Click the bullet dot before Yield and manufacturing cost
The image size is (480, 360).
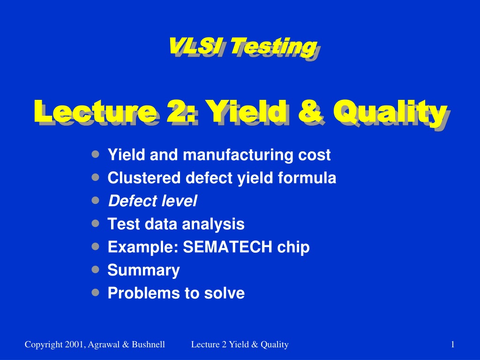pos(96,154)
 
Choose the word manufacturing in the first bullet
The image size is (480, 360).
pos(238,155)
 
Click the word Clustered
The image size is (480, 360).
pos(144,178)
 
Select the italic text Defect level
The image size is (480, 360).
pos(152,201)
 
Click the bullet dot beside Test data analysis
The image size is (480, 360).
pos(96,223)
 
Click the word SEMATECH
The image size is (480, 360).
pos(227,247)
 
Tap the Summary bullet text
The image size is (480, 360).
pos(143,270)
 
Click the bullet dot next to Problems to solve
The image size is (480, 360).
pos(96,292)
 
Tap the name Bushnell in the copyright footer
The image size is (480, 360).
pos(149,345)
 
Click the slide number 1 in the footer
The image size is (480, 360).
pos(453,345)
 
